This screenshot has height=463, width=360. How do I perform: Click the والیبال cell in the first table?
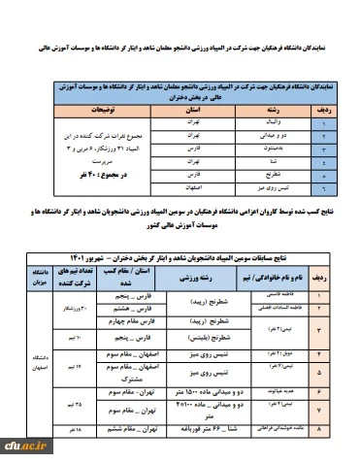tap(251, 123)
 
